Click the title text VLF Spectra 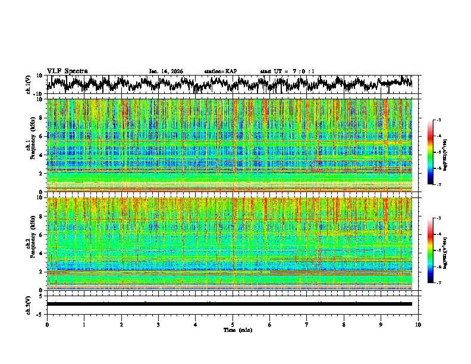pyautogui.click(x=67, y=71)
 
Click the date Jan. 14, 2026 pyautogui.click(x=166, y=71)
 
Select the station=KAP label pyautogui.click(x=220, y=71)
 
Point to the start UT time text pyautogui.click(x=287, y=71)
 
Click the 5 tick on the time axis pyautogui.click(x=233, y=325)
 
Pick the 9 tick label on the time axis pyautogui.click(x=381, y=325)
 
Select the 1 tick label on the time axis pyautogui.click(x=84, y=325)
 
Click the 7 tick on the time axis pyautogui.click(x=307, y=325)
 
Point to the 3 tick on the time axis pyautogui.click(x=158, y=325)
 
